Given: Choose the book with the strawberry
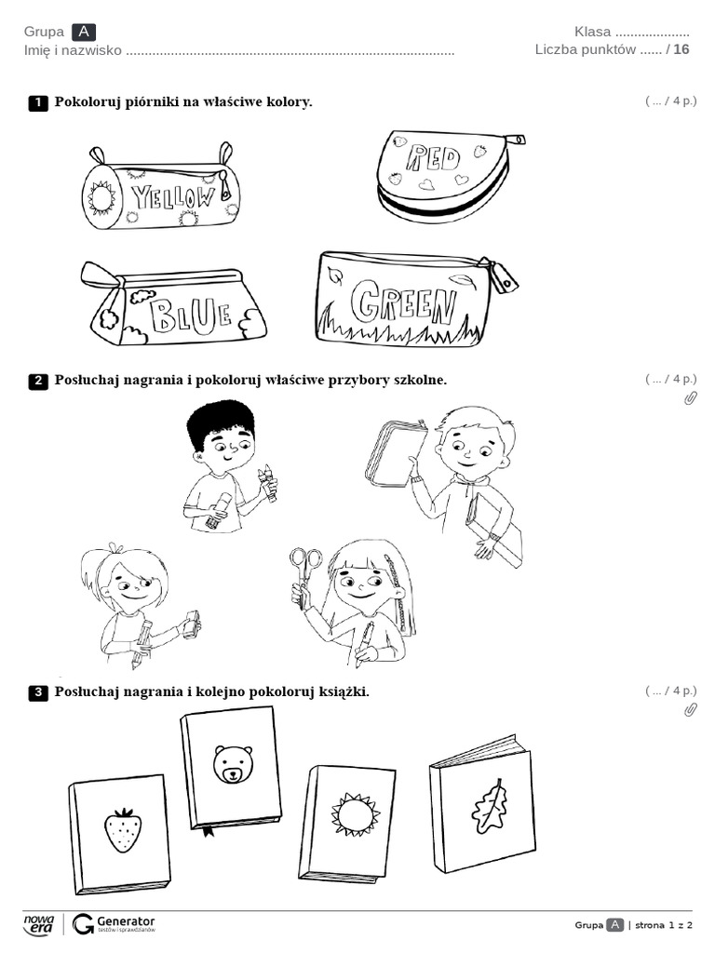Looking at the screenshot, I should coord(121,830).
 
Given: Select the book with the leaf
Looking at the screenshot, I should coord(484,804).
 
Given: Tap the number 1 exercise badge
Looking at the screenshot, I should coord(38,102).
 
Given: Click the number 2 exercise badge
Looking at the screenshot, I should coord(38,381).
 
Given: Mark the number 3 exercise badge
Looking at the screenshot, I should coord(38,692).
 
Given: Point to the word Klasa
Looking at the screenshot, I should coord(592,32).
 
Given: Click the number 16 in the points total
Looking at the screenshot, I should coord(681,49).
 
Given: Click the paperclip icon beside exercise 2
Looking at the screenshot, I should coord(691,398).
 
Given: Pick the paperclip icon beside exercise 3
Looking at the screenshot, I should coord(691,710).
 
